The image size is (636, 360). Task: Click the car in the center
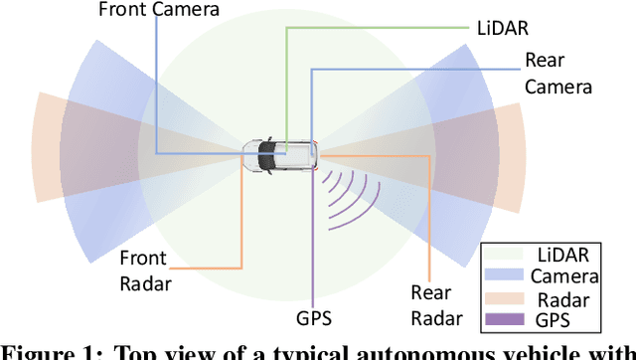pyautogui.click(x=280, y=155)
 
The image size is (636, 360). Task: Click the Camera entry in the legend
pyautogui.click(x=564, y=276)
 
